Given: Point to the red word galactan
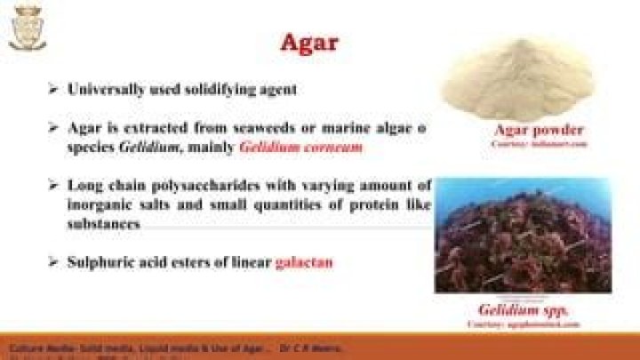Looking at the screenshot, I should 304,262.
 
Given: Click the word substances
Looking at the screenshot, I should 103,225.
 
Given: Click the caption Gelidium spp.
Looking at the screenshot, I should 523,310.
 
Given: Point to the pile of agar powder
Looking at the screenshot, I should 516,80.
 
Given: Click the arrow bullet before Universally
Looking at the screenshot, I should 53,90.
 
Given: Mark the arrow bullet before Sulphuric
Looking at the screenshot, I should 53,262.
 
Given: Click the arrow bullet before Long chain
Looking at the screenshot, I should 53,186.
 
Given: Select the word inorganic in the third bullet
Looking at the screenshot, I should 100,205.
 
